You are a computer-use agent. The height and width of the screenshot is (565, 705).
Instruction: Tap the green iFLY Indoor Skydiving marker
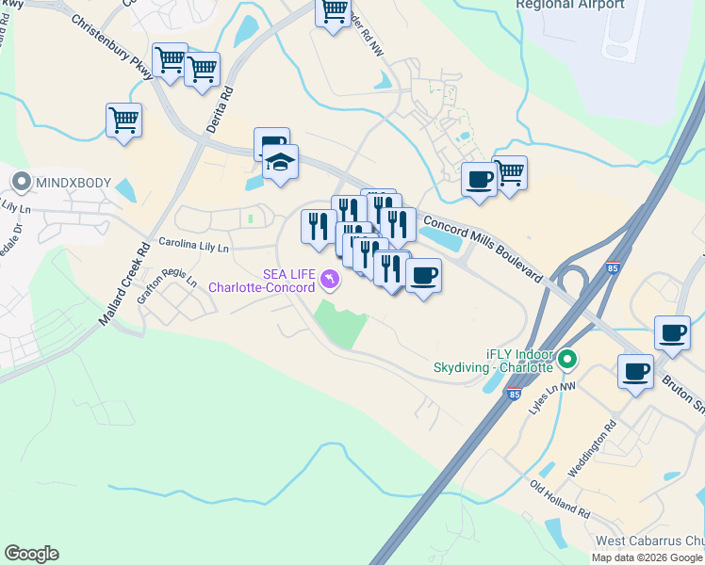[x=567, y=359]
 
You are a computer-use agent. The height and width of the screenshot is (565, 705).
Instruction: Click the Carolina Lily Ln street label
[x=193, y=246]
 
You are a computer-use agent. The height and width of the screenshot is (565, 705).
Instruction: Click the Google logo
[x=31, y=554]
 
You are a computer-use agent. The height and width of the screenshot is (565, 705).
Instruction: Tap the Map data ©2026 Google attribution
[x=647, y=557]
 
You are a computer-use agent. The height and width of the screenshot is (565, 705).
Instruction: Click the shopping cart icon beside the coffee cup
[x=510, y=172]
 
